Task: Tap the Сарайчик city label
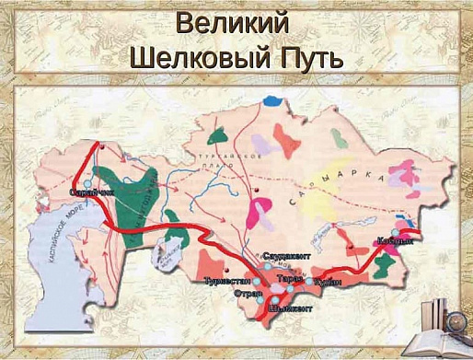pos(90,192)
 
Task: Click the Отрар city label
pos(248,295)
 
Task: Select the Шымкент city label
pos(290,309)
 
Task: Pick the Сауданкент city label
pos(283,253)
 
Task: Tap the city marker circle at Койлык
pos(398,232)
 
